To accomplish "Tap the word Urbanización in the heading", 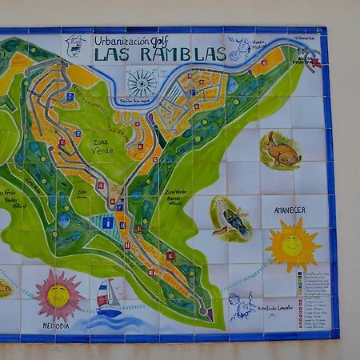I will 122,39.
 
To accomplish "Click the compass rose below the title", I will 142,82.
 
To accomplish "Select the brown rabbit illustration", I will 280,150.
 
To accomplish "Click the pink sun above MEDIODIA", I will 58,295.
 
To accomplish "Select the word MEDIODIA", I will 56,326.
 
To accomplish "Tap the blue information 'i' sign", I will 107,223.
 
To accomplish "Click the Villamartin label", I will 305,37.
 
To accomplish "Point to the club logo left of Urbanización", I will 76,46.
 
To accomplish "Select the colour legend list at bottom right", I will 312,299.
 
